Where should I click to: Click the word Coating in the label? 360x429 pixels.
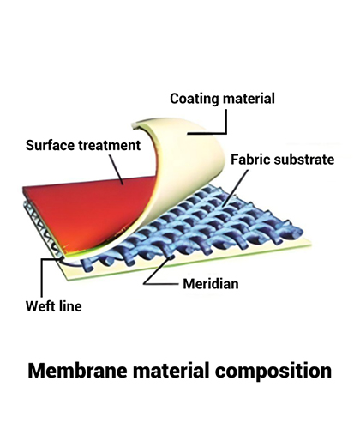(194, 99)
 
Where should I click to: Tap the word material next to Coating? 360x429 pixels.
(249, 99)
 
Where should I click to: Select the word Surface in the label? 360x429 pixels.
(50, 145)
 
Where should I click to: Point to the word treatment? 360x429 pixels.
(110, 145)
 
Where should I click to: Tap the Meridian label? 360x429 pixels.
(211, 284)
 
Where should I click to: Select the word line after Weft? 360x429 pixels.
(70, 306)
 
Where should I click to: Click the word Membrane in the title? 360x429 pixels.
(77, 371)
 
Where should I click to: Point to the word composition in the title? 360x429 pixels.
(273, 371)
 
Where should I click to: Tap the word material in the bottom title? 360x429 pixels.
(171, 371)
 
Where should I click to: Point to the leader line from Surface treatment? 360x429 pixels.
(116, 169)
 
